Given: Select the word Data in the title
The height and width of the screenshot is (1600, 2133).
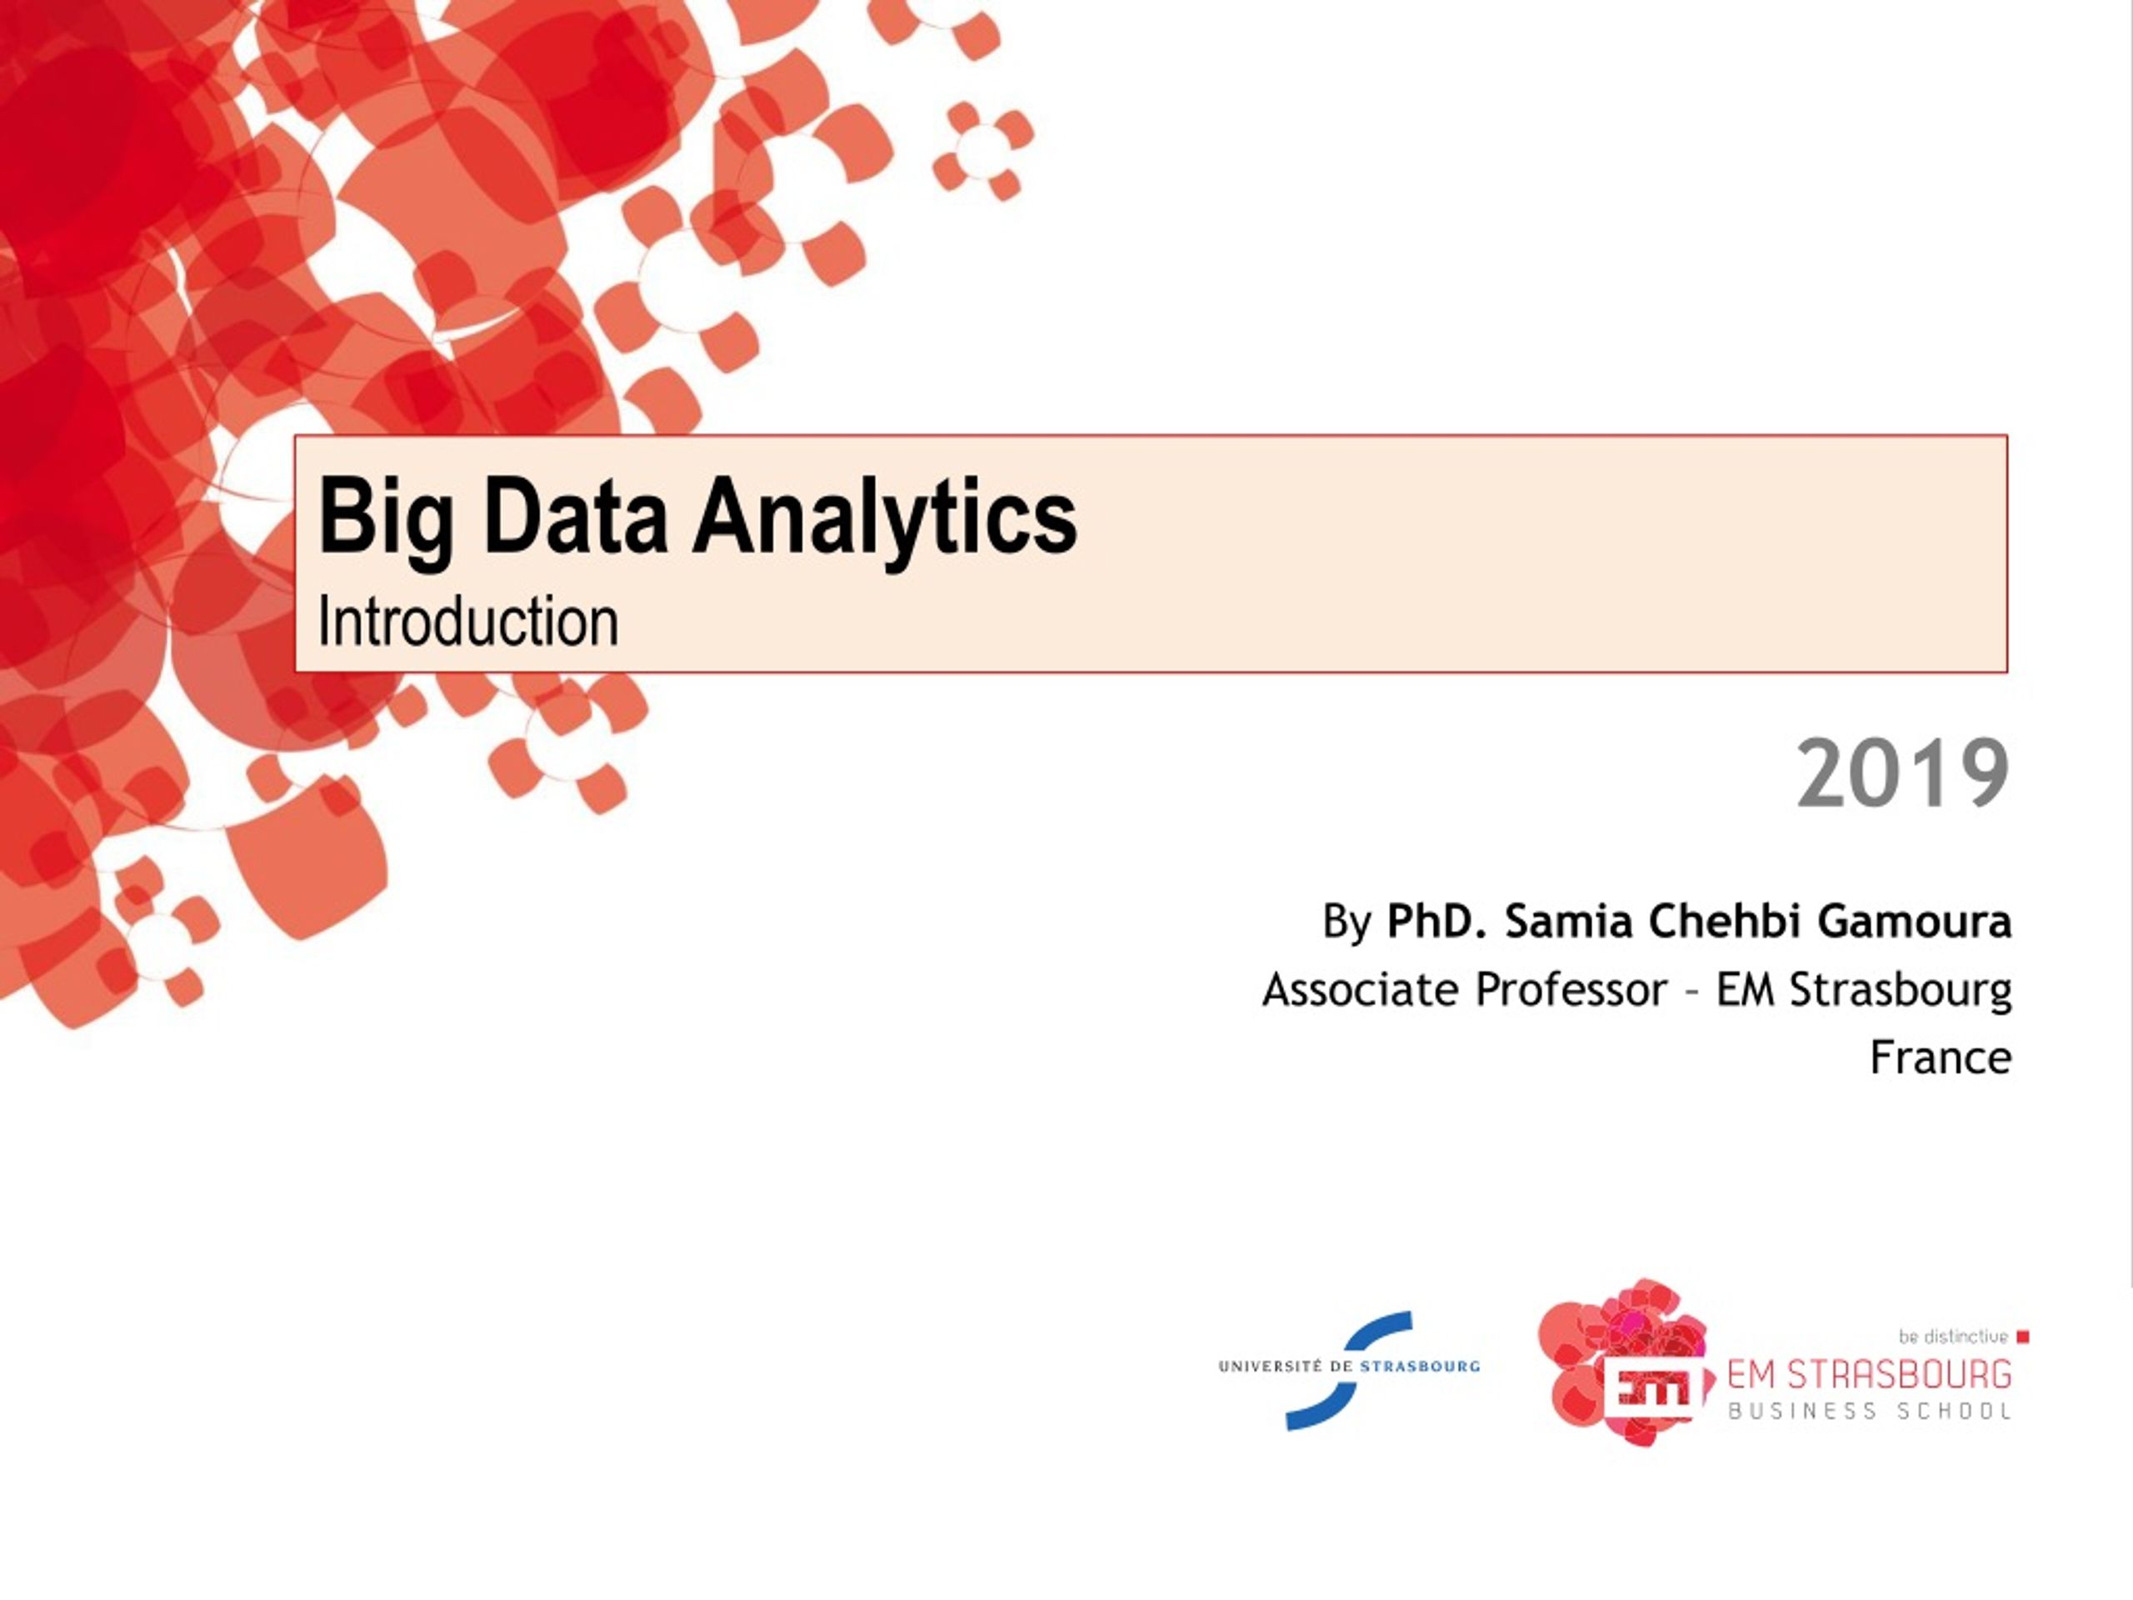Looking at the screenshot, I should [575, 517].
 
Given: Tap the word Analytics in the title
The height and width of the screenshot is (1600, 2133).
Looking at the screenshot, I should [884, 517].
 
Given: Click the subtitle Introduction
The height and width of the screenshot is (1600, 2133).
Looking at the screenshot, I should [467, 622].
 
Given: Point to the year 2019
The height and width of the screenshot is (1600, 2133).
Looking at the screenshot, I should [1902, 773].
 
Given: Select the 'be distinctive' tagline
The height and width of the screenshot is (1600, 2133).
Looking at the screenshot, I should [1953, 1337].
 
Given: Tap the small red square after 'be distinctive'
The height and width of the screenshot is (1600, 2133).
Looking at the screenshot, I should [2023, 1337].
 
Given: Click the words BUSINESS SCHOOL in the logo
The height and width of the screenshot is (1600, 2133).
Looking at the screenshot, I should [1869, 1411].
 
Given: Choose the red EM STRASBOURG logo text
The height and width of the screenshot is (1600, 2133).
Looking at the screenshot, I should [1869, 1373].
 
